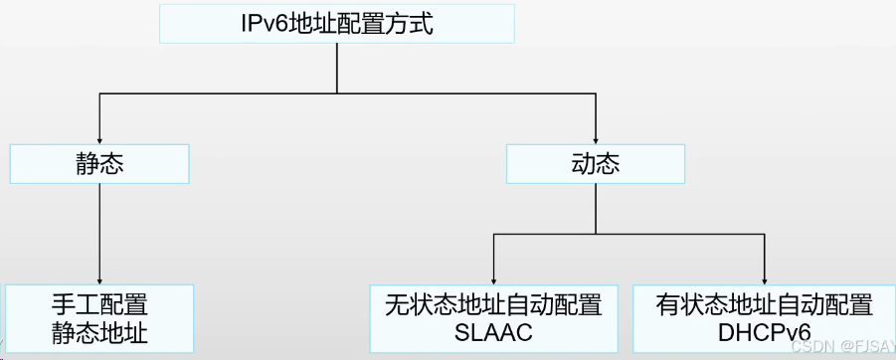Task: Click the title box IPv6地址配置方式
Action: [337, 22]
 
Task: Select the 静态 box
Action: [99, 164]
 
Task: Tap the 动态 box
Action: [595, 164]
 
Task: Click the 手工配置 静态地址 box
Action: [98, 317]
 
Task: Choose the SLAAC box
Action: [493, 317]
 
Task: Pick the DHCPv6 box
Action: [764, 317]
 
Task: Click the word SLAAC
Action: [493, 332]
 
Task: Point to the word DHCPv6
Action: [764, 332]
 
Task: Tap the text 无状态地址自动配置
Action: [493, 303]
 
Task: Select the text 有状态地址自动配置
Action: [764, 303]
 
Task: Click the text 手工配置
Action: [99, 303]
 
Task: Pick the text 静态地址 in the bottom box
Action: [99, 332]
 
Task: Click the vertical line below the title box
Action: [337, 68]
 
